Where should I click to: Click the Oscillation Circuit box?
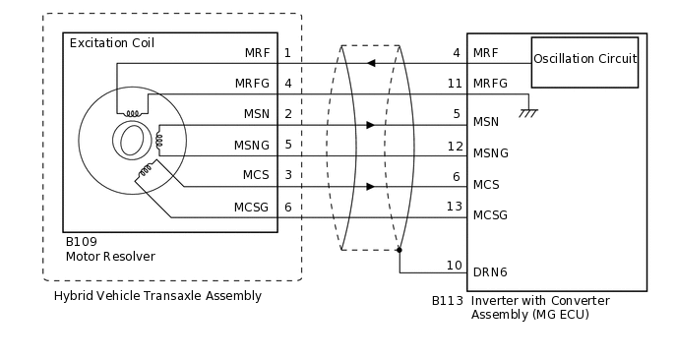click(x=585, y=60)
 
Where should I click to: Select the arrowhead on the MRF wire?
click(x=370, y=63)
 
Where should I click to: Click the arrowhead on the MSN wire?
click(x=370, y=125)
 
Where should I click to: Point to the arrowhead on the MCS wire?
click(x=370, y=186)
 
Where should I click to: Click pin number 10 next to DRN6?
click(x=454, y=266)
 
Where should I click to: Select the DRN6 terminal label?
click(x=490, y=271)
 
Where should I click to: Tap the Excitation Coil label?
click(x=111, y=43)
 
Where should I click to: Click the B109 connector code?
click(x=81, y=241)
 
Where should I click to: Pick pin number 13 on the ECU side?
click(x=454, y=206)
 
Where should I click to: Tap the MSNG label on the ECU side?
click(x=490, y=153)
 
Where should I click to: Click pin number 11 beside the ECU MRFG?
click(x=454, y=84)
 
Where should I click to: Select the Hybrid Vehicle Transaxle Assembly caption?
click(x=157, y=296)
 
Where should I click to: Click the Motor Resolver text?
click(x=110, y=257)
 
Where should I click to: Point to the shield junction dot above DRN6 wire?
click(x=399, y=250)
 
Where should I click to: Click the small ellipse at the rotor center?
click(x=131, y=142)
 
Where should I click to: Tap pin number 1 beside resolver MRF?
click(x=287, y=52)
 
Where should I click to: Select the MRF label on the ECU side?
click(x=485, y=52)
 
